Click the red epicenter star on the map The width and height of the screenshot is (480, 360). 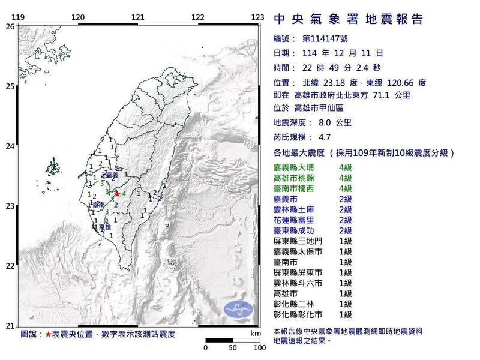117,194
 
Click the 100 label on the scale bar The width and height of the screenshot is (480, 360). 259,347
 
